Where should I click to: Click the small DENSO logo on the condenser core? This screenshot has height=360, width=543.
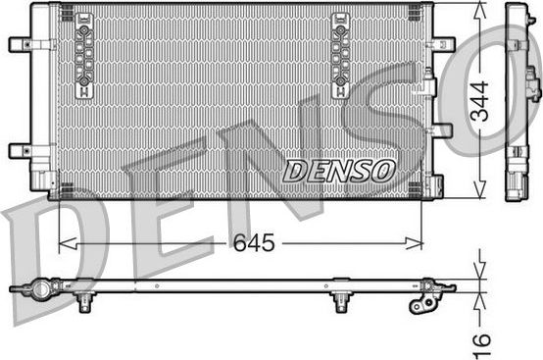pos(338,170)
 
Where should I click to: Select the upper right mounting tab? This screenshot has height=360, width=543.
pos(443,44)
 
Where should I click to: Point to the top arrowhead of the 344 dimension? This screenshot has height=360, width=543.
pos(479,9)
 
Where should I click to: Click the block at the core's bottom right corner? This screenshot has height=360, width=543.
pos(435,185)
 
